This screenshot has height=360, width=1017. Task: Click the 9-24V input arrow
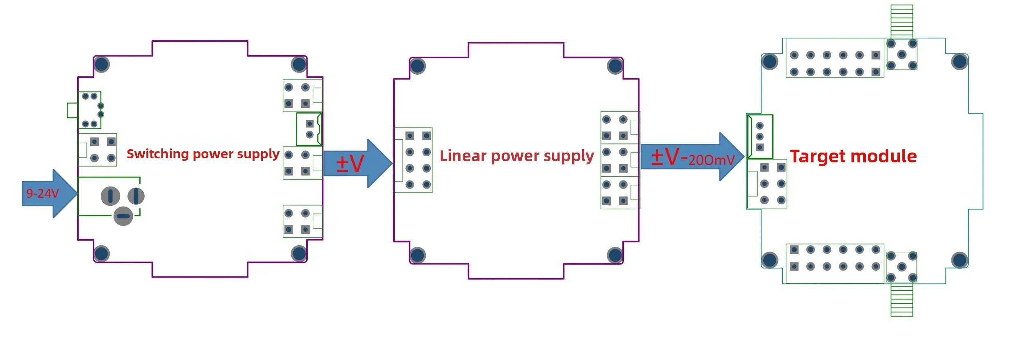click(x=49, y=194)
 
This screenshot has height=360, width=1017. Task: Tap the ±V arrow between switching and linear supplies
click(x=357, y=164)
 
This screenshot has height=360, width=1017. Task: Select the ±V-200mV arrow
click(x=692, y=157)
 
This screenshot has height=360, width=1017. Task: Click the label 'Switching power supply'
click(x=203, y=154)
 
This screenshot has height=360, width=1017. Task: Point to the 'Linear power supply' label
click(x=516, y=156)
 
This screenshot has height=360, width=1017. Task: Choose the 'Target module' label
click(x=853, y=156)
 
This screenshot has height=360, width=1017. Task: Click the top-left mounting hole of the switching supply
click(x=102, y=64)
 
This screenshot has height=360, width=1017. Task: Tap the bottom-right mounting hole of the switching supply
click(x=299, y=253)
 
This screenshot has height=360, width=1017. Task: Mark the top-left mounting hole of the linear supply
click(x=418, y=66)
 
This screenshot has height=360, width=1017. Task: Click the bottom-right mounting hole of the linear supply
click(x=615, y=255)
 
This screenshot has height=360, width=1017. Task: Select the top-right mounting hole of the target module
click(x=960, y=62)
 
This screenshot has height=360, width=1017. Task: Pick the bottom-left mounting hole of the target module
click(x=769, y=260)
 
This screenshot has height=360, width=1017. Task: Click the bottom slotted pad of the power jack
click(x=123, y=216)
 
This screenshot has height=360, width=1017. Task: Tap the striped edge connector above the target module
click(x=902, y=22)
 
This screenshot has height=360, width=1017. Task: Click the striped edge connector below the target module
click(x=902, y=299)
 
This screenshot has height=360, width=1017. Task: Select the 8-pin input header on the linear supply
click(x=413, y=160)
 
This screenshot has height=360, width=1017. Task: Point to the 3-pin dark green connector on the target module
click(x=760, y=137)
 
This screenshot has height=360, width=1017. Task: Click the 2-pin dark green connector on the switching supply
click(x=309, y=129)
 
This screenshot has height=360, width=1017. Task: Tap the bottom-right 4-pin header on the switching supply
click(x=303, y=221)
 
